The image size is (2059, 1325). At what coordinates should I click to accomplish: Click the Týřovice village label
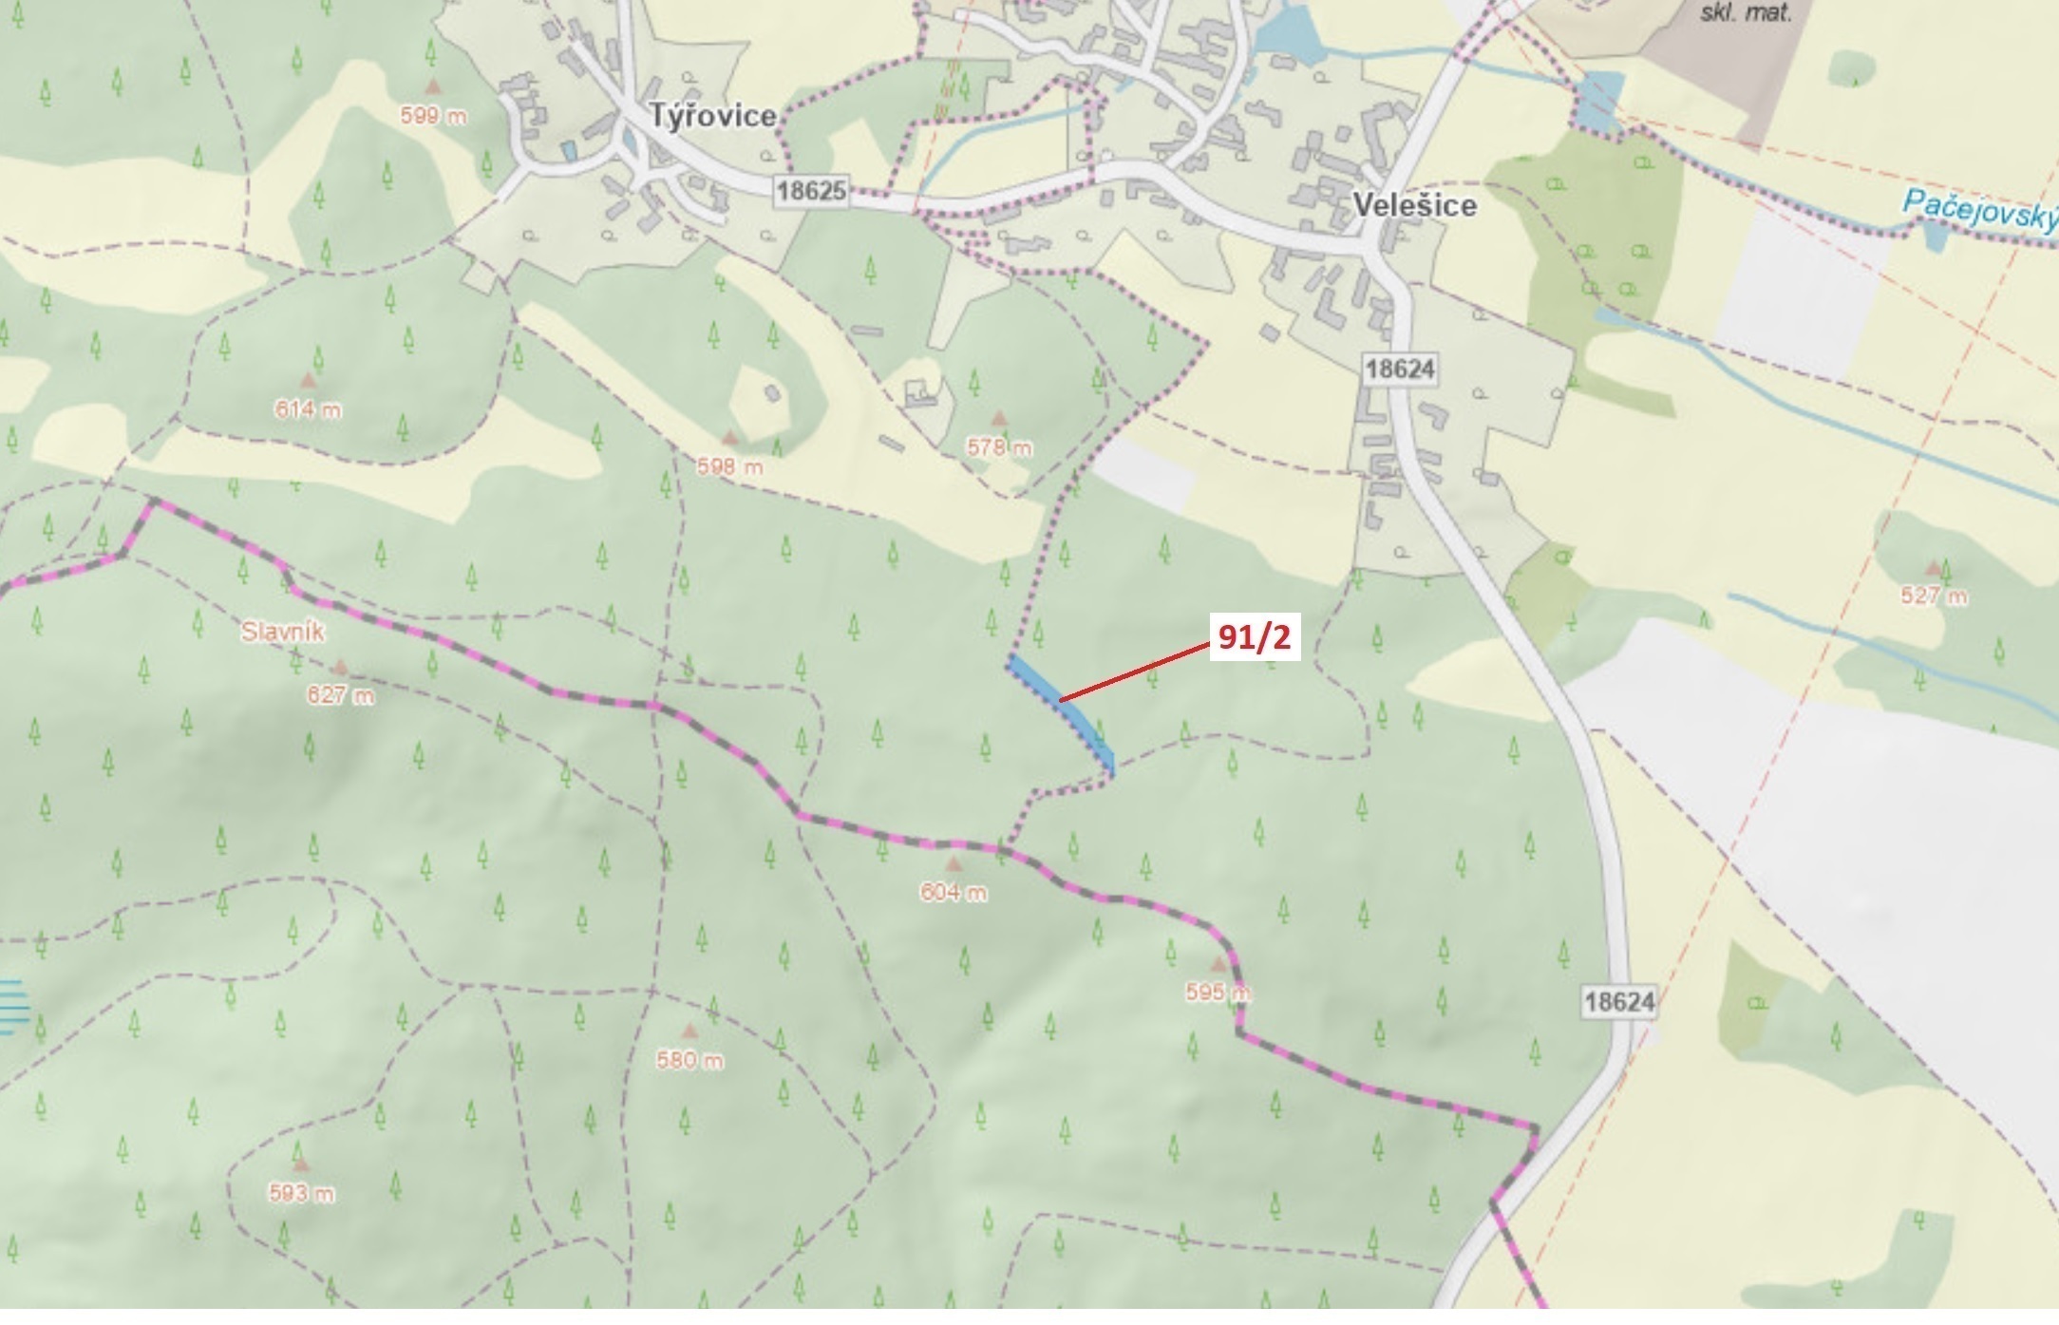click(x=713, y=116)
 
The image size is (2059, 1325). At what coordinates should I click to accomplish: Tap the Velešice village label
click(x=1414, y=205)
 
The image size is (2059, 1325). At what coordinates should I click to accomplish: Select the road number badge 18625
click(x=811, y=190)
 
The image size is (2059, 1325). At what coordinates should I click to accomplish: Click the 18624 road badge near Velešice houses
click(x=1400, y=369)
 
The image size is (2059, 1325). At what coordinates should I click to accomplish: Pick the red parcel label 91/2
click(x=1255, y=637)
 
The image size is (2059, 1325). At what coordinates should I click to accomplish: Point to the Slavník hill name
click(x=283, y=632)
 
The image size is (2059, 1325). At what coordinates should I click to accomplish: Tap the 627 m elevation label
click(x=340, y=695)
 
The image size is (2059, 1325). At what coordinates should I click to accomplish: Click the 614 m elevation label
click(x=308, y=409)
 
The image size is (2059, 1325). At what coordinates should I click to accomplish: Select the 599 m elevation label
click(x=433, y=116)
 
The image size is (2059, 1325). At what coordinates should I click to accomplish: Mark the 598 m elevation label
click(x=729, y=466)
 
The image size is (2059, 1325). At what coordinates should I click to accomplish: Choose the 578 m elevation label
click(x=999, y=446)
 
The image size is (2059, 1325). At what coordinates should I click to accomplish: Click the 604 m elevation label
click(x=953, y=892)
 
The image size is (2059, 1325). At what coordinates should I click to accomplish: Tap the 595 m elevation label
click(x=1218, y=993)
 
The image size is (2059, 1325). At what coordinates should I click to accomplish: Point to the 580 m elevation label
click(x=689, y=1059)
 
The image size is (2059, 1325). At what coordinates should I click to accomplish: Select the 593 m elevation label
click(x=301, y=1193)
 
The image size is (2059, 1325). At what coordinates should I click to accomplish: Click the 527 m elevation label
click(x=1934, y=596)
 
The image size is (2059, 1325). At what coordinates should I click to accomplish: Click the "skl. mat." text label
click(x=1746, y=13)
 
